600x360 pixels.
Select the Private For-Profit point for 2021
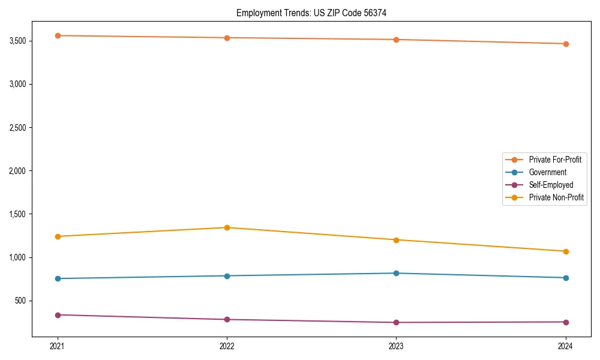point(58,35)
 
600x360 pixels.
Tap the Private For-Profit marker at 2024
point(566,44)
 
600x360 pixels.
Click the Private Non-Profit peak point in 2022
point(227,227)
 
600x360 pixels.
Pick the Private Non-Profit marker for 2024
point(566,251)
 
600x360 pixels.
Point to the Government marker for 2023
point(396,273)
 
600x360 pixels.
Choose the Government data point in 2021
point(58,278)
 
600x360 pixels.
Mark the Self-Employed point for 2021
point(58,315)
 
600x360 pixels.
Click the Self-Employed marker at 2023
point(396,323)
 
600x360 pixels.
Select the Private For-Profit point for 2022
point(227,38)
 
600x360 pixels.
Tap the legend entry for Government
point(547,172)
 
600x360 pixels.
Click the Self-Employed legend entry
point(551,185)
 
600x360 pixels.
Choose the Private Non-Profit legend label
point(556,197)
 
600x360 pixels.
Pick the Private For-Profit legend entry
point(555,160)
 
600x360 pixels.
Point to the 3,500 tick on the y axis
point(17,41)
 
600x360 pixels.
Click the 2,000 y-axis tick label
point(17,171)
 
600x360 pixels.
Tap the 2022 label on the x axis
point(227,346)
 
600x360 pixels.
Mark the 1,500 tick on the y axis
point(17,214)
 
